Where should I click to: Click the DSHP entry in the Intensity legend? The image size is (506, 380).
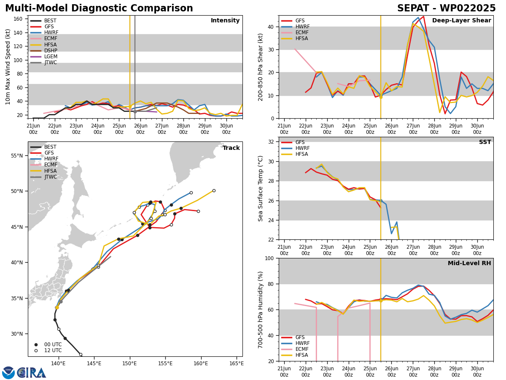click(43, 51)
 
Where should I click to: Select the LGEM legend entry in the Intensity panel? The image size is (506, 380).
click(43, 57)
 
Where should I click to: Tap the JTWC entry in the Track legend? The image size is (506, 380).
click(43, 177)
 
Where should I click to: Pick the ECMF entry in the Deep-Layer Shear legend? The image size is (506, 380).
click(295, 33)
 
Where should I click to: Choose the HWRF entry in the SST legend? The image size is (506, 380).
click(295, 148)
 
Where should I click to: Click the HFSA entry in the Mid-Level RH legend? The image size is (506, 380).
click(295, 355)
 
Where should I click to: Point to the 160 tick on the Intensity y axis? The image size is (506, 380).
click(18, 19)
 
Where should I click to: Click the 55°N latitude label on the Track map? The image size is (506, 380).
click(17, 156)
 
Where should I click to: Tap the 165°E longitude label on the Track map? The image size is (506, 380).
click(236, 364)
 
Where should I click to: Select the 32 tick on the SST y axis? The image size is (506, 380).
click(271, 142)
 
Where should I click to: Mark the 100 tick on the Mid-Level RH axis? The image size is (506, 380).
click(269, 258)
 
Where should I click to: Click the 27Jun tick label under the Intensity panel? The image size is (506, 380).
click(162, 129)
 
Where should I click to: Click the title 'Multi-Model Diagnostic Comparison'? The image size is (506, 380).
click(99, 8)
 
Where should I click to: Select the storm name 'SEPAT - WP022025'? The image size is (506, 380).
click(446, 8)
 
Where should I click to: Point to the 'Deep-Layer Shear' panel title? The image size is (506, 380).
click(461, 20)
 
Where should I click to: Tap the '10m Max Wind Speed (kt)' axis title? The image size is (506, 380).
click(8, 67)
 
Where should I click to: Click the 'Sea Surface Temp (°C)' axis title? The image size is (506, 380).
click(260, 188)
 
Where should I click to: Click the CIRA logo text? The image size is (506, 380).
click(31, 373)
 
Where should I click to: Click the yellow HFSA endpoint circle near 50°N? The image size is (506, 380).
click(214, 190)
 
